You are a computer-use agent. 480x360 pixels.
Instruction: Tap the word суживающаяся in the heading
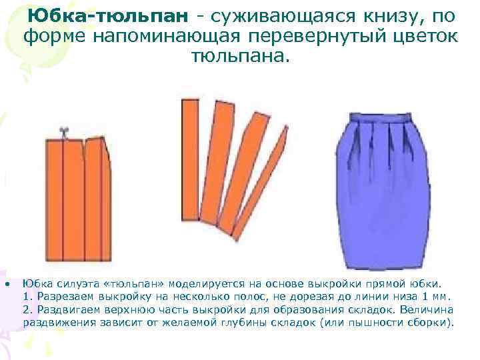[x=275, y=15]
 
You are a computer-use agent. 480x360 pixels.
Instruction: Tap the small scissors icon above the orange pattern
[x=64, y=131]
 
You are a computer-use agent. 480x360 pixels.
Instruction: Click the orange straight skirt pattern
[x=79, y=200]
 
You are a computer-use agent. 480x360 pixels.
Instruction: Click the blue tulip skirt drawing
[x=385, y=193]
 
